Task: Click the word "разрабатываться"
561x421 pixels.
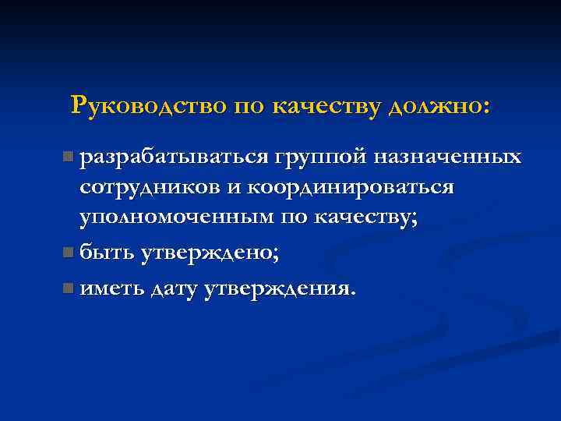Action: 172,158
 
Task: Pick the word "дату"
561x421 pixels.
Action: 175,288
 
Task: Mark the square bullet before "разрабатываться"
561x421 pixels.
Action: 70,158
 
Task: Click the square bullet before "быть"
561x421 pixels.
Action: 70,253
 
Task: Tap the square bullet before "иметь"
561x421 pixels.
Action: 70,289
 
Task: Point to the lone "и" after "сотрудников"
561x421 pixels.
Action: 235,189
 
